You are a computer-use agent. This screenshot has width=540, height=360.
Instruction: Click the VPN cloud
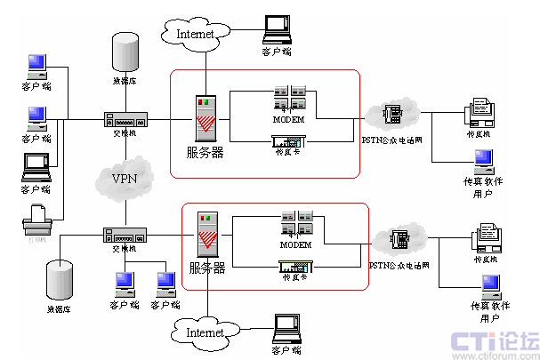pos(125,178)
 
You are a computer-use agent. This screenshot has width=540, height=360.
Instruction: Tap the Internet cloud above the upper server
pos(197,34)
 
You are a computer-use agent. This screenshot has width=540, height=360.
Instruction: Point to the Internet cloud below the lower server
pos(206,331)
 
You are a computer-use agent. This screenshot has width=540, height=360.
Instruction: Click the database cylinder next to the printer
pos(60,278)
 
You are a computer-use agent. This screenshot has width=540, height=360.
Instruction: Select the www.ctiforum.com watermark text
pos(495,355)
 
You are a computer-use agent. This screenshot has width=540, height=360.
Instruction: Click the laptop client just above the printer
pos(36,166)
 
